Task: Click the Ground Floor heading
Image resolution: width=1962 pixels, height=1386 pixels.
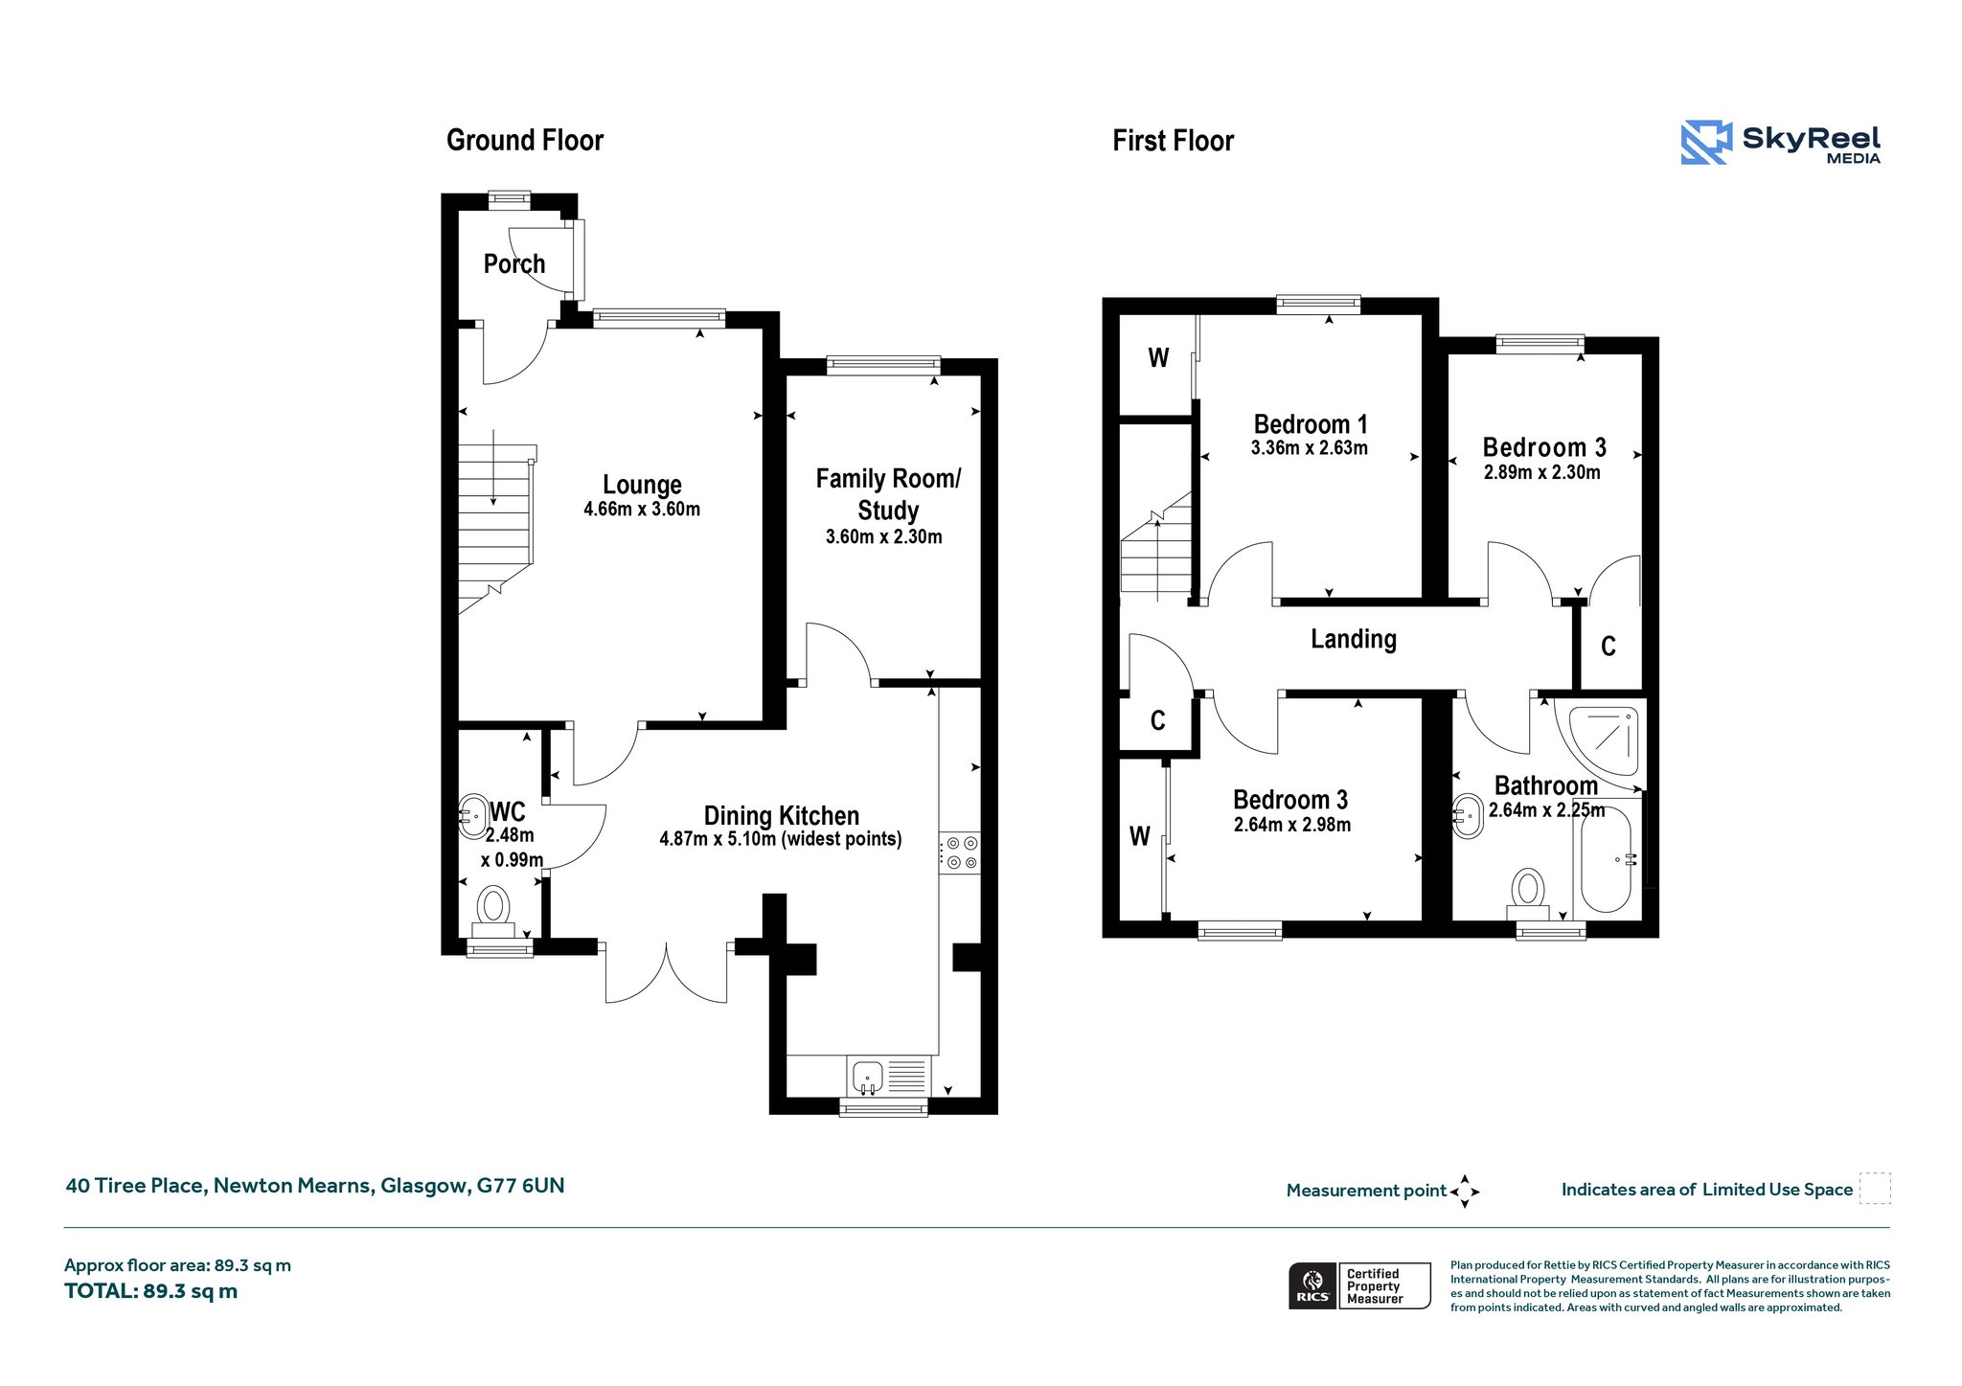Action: tap(525, 141)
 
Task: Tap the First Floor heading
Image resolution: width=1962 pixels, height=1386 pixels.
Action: tap(1173, 142)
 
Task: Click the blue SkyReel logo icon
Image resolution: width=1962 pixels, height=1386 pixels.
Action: tap(1706, 143)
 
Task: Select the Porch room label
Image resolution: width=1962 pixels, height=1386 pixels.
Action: tap(514, 263)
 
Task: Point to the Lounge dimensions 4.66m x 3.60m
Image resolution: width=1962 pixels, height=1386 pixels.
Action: tap(642, 510)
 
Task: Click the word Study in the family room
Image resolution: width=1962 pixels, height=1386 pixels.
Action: tap(888, 511)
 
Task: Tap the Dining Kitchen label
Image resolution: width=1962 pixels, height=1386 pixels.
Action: tap(782, 815)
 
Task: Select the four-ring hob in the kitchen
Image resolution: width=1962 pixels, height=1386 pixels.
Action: tap(960, 853)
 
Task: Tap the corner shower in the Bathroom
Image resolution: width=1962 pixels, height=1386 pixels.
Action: tap(1598, 738)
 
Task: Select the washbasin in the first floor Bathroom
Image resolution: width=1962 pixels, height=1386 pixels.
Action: tap(1468, 816)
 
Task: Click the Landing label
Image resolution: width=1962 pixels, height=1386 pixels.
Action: tap(1354, 639)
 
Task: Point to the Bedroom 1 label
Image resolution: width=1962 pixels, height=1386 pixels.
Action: tap(1311, 424)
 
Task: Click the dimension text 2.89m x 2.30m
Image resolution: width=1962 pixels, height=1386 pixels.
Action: tap(1542, 472)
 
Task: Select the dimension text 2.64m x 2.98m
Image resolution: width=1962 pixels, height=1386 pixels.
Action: tap(1292, 825)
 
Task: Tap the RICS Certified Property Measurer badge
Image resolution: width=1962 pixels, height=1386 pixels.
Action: tap(1359, 1285)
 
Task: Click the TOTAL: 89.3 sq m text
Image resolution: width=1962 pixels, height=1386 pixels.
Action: tap(151, 1291)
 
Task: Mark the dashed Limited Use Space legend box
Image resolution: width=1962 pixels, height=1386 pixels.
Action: tap(1875, 1189)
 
